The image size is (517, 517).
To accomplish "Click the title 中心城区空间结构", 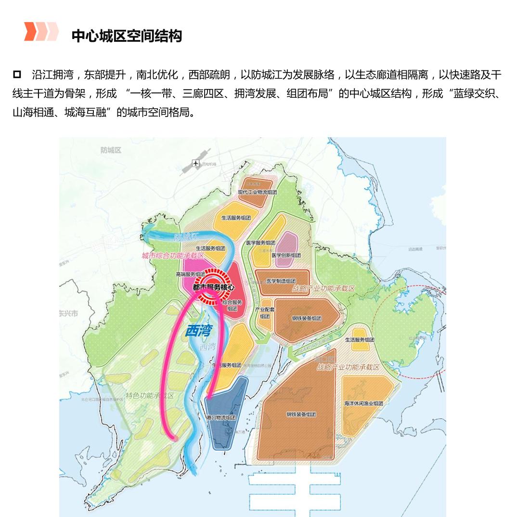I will tap(127, 36).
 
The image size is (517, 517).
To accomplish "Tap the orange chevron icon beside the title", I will tap(41, 32).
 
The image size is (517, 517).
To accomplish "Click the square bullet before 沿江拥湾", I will tap(17, 74).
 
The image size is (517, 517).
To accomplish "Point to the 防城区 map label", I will tap(111, 150).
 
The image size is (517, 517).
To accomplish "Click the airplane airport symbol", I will tap(195, 163).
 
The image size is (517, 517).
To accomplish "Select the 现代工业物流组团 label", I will tap(258, 192).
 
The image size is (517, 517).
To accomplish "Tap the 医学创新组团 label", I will tap(286, 255).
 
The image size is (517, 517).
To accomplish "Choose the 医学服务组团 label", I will tap(260, 243).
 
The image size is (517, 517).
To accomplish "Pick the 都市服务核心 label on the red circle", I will tap(213, 286).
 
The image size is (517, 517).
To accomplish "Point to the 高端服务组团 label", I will tap(191, 274).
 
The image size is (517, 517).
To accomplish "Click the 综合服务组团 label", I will tap(232, 305).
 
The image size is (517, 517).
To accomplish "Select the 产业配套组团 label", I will tap(265, 313).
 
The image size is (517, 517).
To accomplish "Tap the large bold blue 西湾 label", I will tap(198, 331).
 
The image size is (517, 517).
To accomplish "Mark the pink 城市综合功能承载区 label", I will tap(173, 256).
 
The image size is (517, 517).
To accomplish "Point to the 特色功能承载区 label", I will tap(150, 396).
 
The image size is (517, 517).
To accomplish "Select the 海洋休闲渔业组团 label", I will tap(363, 403).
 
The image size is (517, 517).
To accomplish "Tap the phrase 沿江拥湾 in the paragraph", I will tap(52, 75).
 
